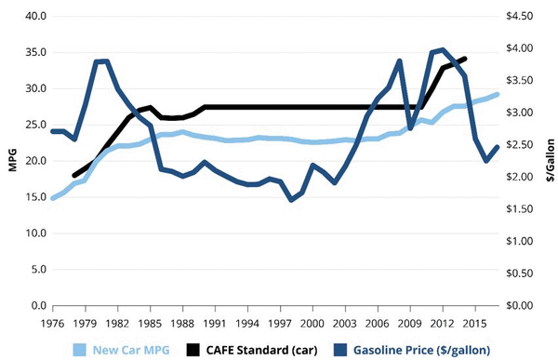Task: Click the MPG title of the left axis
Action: coord(11,161)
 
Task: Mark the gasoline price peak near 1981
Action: coord(104,61)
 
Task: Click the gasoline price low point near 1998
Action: coord(291,199)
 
